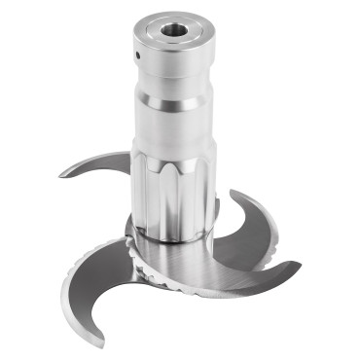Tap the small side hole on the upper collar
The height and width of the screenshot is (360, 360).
[x=138, y=55]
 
